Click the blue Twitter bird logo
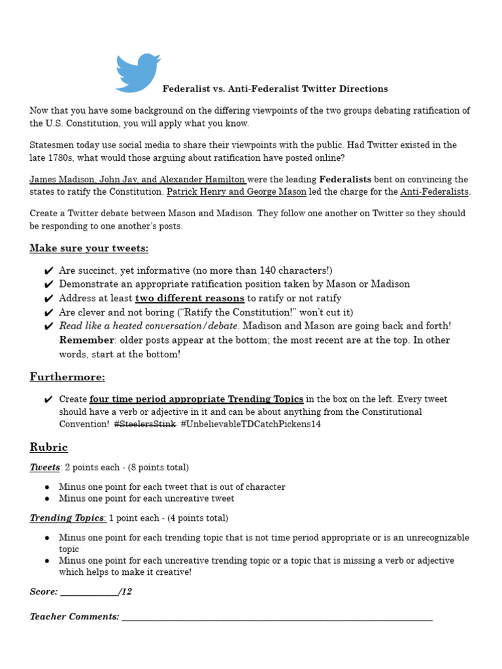(x=138, y=73)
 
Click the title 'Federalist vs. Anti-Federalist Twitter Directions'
(x=275, y=89)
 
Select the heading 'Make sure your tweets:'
(x=89, y=248)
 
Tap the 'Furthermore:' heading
(x=67, y=376)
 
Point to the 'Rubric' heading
(x=48, y=447)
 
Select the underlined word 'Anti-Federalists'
(x=434, y=191)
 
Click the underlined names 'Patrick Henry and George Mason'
(x=236, y=191)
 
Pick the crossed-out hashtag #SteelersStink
(x=144, y=424)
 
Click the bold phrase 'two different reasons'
(x=190, y=299)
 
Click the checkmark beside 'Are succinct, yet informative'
(x=48, y=271)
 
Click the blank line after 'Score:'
(x=89, y=592)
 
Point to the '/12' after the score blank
(x=125, y=591)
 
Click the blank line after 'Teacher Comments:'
(x=277, y=617)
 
